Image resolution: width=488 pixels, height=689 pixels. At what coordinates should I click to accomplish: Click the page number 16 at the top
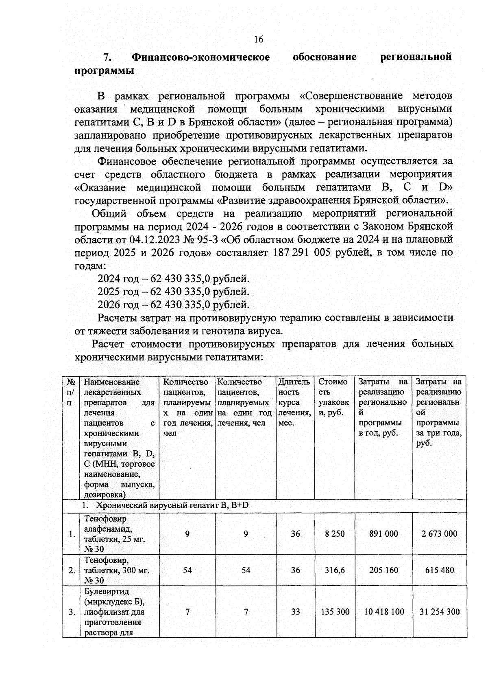[x=258, y=39]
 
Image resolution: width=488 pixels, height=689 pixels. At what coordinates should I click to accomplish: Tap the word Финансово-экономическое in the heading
[x=201, y=57]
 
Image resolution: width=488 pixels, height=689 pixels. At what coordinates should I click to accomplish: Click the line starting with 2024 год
[x=173, y=279]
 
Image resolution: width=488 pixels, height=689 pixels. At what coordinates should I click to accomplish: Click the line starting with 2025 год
[x=173, y=292]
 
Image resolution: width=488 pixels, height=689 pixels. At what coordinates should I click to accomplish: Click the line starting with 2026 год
[x=173, y=305]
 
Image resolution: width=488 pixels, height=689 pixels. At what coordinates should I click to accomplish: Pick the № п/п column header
[x=71, y=392]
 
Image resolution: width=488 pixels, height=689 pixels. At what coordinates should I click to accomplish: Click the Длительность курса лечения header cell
[x=295, y=402]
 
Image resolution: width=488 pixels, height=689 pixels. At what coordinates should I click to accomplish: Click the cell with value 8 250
[x=335, y=534]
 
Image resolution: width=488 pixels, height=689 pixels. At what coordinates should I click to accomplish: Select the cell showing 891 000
[x=383, y=534]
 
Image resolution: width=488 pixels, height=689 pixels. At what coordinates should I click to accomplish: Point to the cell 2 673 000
[x=439, y=534]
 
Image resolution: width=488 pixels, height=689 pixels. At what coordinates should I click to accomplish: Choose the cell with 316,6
[x=335, y=571]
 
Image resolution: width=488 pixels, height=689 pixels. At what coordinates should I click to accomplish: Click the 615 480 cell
[x=439, y=571]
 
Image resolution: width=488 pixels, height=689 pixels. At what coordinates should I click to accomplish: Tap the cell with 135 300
[x=335, y=612]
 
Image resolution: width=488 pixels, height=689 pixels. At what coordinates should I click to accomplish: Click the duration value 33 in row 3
[x=295, y=612]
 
